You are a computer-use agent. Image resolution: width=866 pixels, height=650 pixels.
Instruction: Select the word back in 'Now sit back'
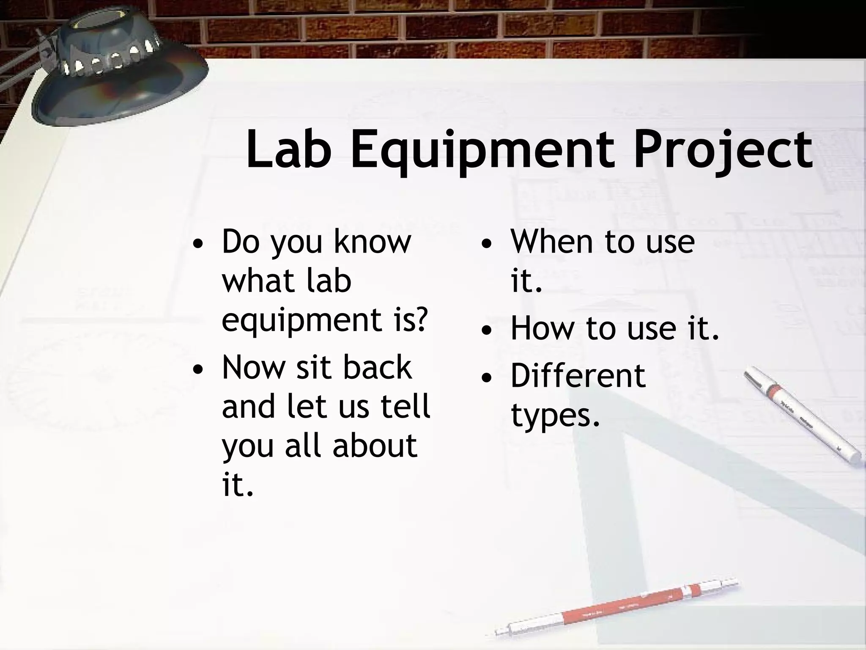tap(377, 367)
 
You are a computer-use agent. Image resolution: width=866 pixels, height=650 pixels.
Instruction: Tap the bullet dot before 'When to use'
tap(487, 245)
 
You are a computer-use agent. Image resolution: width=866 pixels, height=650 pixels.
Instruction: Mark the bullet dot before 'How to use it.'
tap(487, 332)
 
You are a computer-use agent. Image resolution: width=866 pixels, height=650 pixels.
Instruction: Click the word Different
tap(578, 375)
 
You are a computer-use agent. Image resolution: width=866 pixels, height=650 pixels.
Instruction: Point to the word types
tap(555, 416)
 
